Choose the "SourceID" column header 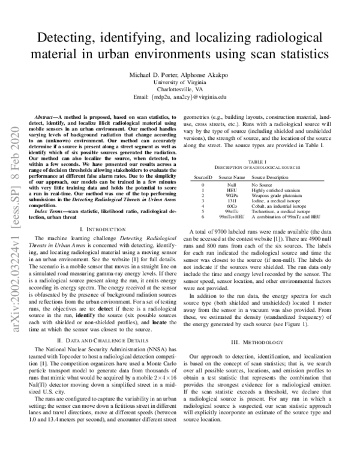(x=203, y=178)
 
